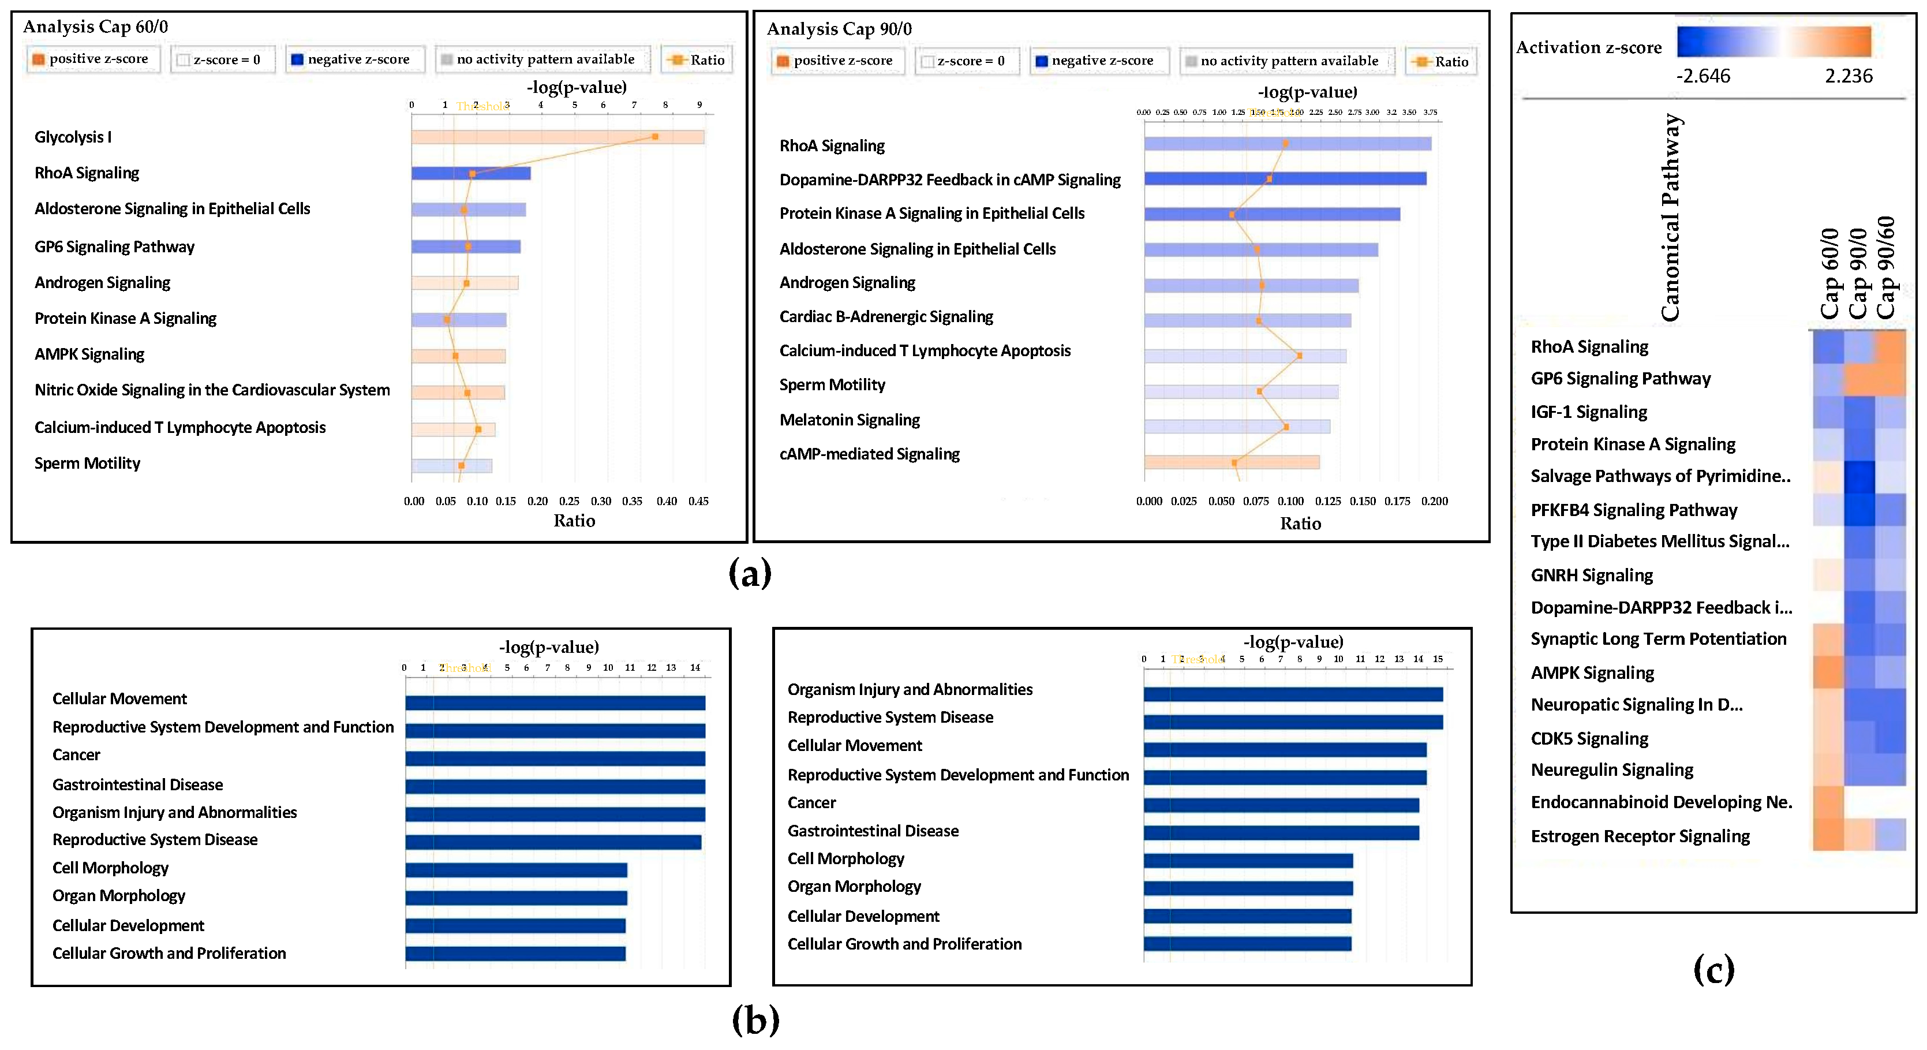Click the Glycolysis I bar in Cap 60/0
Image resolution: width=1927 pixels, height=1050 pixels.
click(557, 137)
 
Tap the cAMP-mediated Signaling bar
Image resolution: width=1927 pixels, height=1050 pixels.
click(1232, 462)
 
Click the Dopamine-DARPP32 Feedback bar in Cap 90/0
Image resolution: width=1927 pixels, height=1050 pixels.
click(1285, 178)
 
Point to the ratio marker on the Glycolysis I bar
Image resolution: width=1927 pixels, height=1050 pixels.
click(654, 136)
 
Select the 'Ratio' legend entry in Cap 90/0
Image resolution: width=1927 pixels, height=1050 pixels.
click(1442, 61)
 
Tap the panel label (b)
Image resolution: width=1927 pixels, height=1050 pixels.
click(755, 1019)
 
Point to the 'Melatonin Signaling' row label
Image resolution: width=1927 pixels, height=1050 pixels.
click(849, 420)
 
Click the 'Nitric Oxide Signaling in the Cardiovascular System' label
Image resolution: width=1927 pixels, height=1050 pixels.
click(212, 390)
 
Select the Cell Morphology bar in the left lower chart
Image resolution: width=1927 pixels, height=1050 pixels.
click(516, 870)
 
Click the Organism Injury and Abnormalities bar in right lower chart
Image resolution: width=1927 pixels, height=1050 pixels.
click(1293, 694)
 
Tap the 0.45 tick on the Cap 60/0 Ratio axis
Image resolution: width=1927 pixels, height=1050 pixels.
click(698, 502)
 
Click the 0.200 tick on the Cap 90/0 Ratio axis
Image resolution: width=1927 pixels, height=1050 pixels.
click(1434, 502)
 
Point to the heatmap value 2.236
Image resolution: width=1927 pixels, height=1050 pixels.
click(1849, 76)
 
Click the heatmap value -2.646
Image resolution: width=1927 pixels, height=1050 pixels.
click(1703, 76)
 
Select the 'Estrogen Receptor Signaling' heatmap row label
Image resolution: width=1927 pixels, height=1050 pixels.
click(1640, 836)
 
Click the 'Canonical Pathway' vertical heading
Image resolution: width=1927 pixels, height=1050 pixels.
click(1670, 217)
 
